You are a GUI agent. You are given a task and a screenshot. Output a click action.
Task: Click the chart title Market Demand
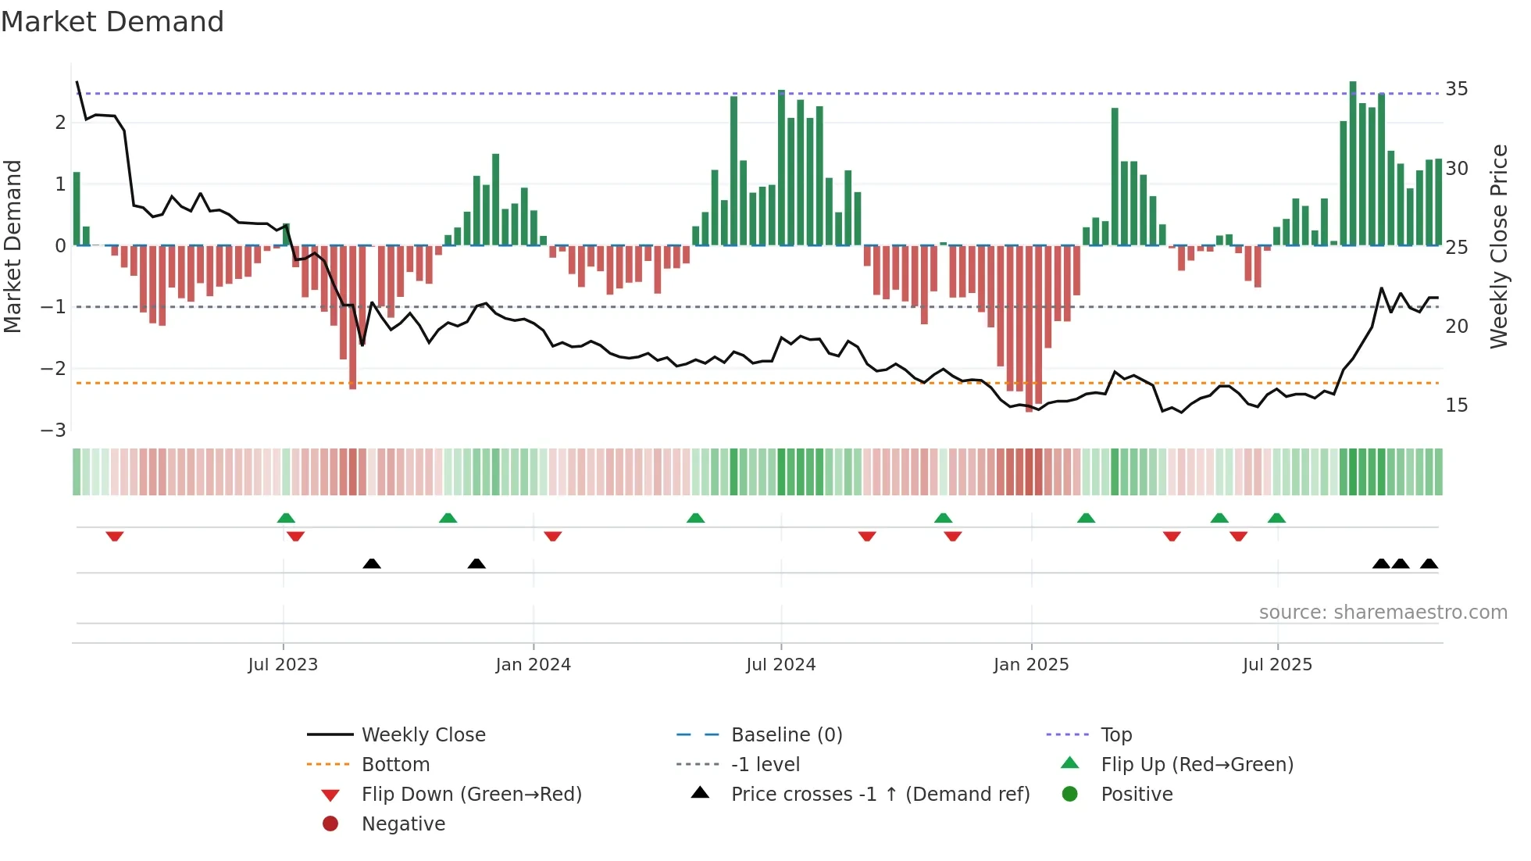pyautogui.click(x=112, y=22)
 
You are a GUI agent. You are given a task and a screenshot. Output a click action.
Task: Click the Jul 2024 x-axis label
pyautogui.click(x=780, y=665)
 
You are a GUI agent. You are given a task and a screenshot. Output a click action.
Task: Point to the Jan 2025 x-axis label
pyautogui.click(x=1030, y=665)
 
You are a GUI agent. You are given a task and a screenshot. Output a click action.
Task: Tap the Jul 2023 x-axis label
pyautogui.click(x=283, y=665)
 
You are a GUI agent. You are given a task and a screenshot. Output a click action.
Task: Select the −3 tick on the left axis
pyautogui.click(x=53, y=430)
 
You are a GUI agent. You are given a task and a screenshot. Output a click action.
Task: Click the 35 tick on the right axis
pyautogui.click(x=1456, y=89)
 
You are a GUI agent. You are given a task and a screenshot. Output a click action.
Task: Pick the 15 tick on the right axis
pyautogui.click(x=1456, y=405)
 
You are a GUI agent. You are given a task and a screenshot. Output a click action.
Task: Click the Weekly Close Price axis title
pyautogui.click(x=1498, y=246)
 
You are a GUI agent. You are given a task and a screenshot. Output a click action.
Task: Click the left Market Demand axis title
pyautogui.click(x=12, y=246)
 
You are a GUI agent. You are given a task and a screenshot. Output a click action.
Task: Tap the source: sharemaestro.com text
pyautogui.click(x=1383, y=613)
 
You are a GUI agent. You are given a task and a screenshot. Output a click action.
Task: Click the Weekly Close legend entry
pyautogui.click(x=423, y=735)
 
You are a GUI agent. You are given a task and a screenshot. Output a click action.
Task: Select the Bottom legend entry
pyautogui.click(x=395, y=765)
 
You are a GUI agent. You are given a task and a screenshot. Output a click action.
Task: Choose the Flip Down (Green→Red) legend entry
pyautogui.click(x=471, y=795)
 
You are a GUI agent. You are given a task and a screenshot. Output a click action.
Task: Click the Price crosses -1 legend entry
pyautogui.click(x=880, y=795)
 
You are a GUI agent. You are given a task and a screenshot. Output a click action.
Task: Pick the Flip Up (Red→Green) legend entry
pyautogui.click(x=1197, y=765)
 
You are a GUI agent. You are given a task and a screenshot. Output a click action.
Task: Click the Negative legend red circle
pyautogui.click(x=330, y=824)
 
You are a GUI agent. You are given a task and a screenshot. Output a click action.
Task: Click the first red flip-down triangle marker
pyautogui.click(x=115, y=536)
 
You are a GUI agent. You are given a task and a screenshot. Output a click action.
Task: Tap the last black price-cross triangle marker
pyautogui.click(x=1429, y=563)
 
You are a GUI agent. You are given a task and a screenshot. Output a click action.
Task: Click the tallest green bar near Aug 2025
pyautogui.click(x=1353, y=163)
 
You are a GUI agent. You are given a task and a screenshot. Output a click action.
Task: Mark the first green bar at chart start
pyautogui.click(x=77, y=209)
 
